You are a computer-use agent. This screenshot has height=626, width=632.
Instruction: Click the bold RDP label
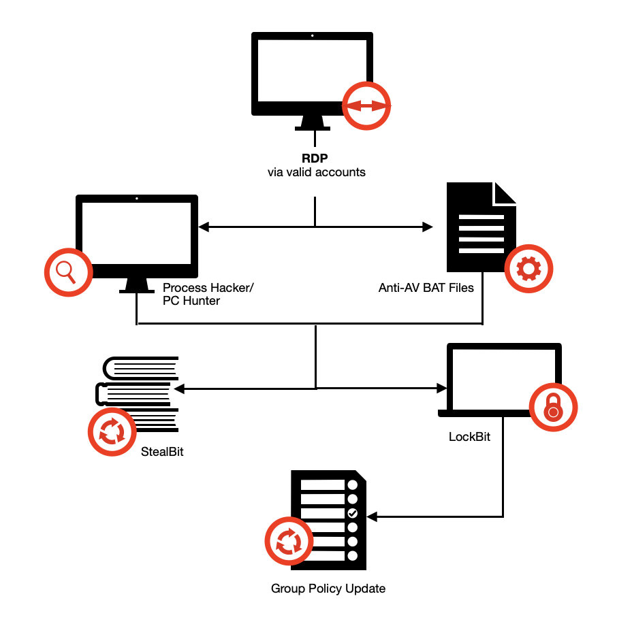click(x=316, y=157)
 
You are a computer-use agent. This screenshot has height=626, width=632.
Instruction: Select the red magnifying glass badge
click(x=68, y=272)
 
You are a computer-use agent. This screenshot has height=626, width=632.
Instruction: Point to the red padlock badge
click(x=553, y=408)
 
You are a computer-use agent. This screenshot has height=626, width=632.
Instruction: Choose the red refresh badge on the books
click(x=112, y=432)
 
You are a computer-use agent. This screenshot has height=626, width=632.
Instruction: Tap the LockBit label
click(x=469, y=437)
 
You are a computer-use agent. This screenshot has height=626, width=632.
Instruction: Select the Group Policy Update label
click(x=328, y=589)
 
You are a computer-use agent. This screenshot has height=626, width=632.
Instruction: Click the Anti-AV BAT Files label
click(x=426, y=287)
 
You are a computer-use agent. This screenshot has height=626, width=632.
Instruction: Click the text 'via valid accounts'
click(x=316, y=172)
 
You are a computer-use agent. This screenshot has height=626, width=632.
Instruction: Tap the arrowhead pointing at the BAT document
click(x=428, y=227)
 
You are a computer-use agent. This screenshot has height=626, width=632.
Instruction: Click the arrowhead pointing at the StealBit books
click(x=179, y=389)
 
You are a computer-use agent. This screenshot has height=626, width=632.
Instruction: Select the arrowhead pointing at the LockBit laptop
click(x=441, y=389)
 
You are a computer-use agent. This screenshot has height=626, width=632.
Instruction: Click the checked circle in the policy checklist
click(x=352, y=513)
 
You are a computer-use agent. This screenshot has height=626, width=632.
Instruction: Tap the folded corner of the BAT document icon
click(x=505, y=193)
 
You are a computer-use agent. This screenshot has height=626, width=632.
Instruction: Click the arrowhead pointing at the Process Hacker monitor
click(x=203, y=227)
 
